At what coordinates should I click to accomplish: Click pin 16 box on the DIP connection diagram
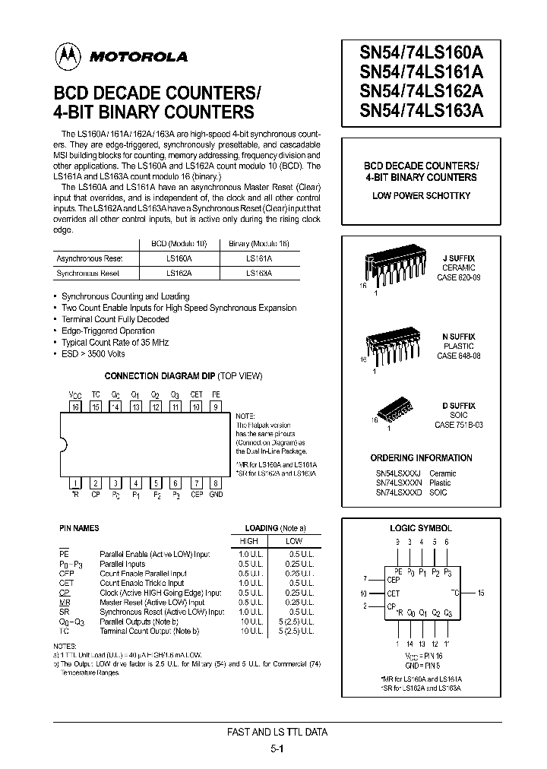tap(75, 407)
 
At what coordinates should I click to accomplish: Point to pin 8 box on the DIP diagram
tap(216, 483)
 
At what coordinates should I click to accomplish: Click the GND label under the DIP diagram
tap(216, 494)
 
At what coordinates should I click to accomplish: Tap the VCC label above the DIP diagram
tap(75, 395)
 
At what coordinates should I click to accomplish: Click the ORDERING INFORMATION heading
tap(421, 458)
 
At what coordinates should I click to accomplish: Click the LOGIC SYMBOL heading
tap(421, 527)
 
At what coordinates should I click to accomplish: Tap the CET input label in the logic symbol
tap(393, 593)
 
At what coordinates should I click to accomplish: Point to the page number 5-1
tap(277, 748)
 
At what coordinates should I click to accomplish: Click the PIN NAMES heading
tap(79, 527)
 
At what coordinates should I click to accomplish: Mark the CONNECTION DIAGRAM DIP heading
tap(183, 376)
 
